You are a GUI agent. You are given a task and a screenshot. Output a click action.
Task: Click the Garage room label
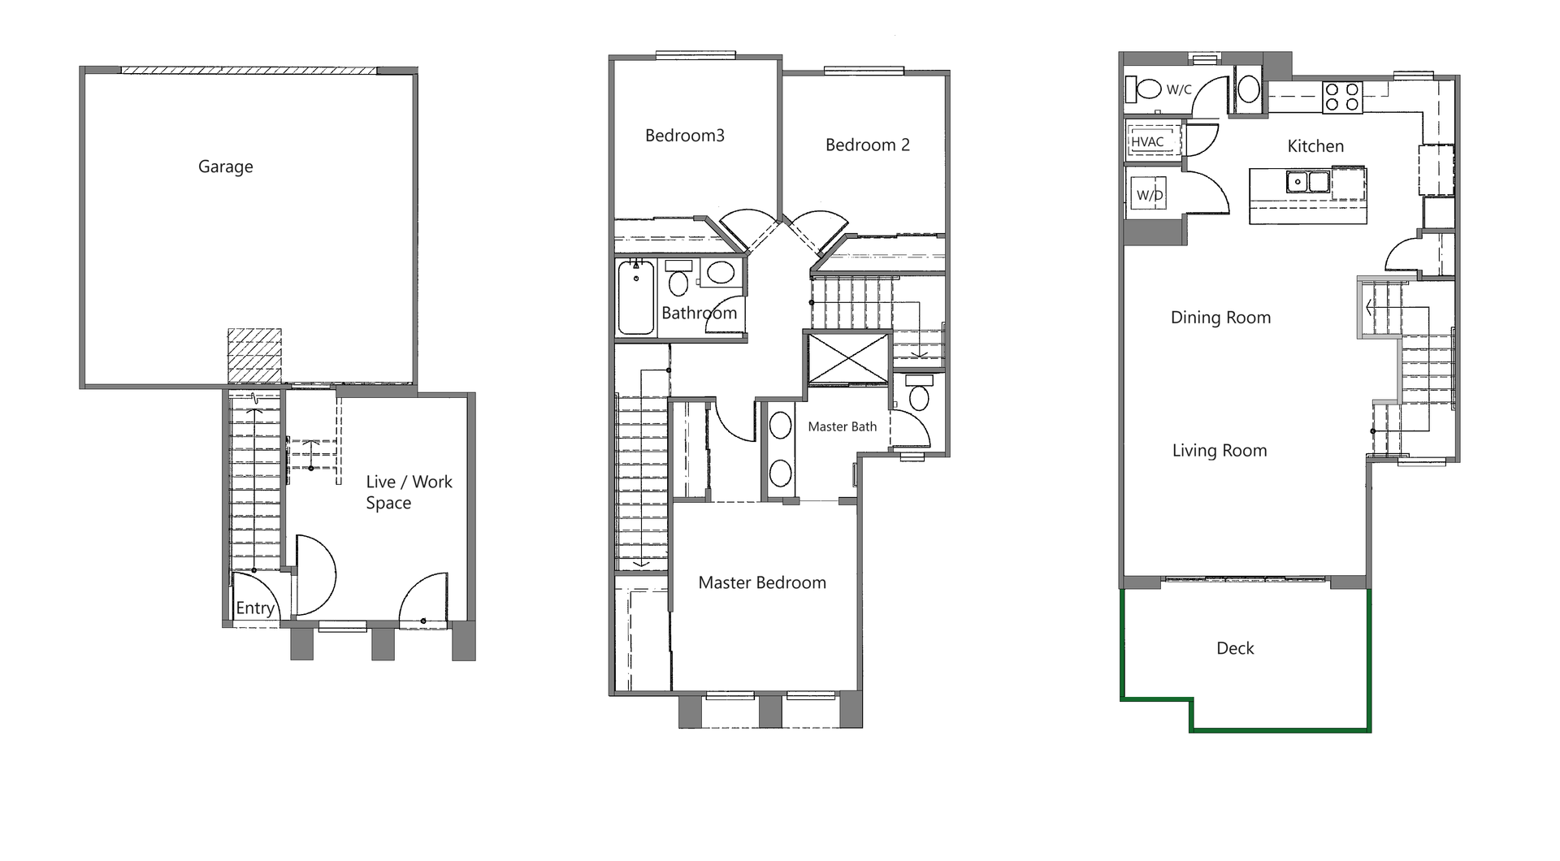click(x=225, y=167)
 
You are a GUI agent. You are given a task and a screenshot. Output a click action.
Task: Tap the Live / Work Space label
click(x=408, y=492)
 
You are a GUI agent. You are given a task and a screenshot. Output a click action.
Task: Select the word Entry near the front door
click(x=254, y=608)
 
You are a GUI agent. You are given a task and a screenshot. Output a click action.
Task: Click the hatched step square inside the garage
click(x=254, y=356)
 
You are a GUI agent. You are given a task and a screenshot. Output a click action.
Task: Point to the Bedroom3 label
click(x=684, y=136)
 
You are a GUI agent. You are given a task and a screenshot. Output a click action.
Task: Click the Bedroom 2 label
click(x=867, y=145)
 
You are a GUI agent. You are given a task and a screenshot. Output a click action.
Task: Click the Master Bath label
click(x=842, y=426)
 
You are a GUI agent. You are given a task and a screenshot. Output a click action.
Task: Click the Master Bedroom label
click(x=761, y=582)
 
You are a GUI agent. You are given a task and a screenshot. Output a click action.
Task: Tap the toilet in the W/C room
click(x=1147, y=89)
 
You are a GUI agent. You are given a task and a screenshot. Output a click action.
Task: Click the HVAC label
click(x=1147, y=141)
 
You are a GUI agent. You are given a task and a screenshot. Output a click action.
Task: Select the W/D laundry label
click(x=1149, y=195)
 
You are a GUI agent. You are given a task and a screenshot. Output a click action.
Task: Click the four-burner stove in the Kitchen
click(x=1341, y=97)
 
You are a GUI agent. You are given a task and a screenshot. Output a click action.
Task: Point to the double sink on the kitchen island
click(x=1307, y=181)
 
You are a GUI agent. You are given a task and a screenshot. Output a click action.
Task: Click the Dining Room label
click(x=1220, y=318)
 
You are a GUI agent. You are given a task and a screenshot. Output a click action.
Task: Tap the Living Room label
click(x=1219, y=451)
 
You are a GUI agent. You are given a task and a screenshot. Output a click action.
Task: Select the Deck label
click(x=1234, y=648)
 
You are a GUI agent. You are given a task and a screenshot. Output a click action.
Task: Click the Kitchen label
click(x=1315, y=146)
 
